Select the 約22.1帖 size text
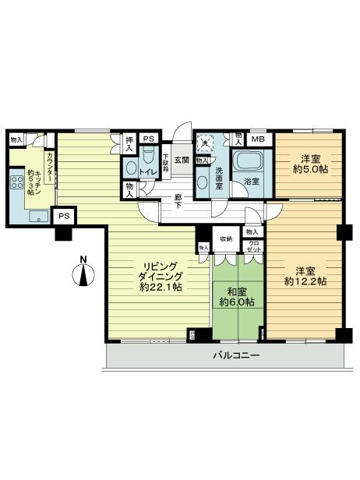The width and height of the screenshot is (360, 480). (x=158, y=287)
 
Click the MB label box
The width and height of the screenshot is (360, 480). (x=258, y=139)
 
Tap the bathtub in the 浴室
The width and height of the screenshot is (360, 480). (x=249, y=162)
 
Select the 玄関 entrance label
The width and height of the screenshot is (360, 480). (x=181, y=160)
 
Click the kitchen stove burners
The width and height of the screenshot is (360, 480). (x=16, y=187)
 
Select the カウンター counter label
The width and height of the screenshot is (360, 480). (x=50, y=168)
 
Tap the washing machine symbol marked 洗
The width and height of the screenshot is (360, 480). (x=206, y=143)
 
